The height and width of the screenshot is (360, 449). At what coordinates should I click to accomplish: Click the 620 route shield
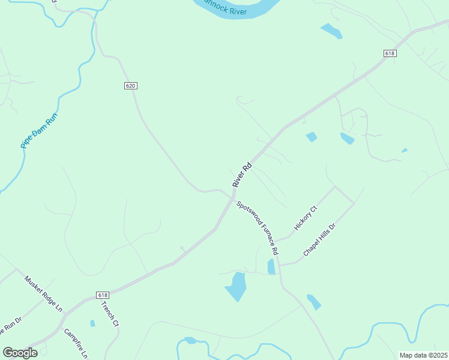131,86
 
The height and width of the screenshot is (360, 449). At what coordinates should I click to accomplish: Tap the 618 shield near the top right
390,53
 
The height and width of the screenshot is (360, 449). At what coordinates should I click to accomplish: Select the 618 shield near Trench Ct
103,295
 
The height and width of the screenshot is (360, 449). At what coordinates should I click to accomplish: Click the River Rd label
241,175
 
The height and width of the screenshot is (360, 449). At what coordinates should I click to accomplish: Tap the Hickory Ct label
305,218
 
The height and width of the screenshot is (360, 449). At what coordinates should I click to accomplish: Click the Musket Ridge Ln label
43,293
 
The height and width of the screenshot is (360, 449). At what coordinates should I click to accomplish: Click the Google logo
20,353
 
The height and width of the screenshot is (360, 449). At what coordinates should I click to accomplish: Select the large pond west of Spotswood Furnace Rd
236,286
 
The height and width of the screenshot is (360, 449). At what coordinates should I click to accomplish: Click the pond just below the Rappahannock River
331,31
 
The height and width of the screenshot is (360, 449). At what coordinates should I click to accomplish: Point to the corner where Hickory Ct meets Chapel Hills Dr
335,187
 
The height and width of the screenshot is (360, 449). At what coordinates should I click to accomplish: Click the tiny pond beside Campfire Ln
92,323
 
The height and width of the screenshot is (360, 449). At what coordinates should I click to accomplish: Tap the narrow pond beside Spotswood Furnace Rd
271,266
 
